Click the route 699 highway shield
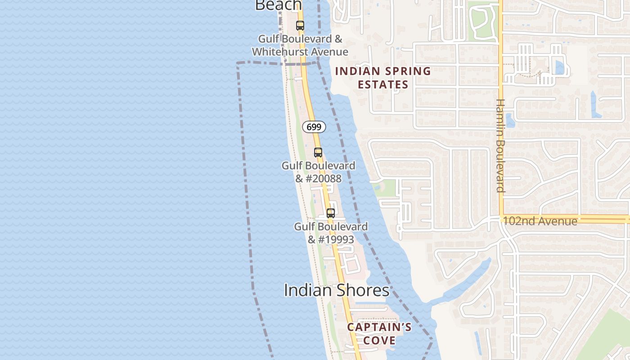(x=314, y=127)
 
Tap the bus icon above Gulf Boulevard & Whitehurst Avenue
(x=300, y=26)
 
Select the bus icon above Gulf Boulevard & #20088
(x=318, y=153)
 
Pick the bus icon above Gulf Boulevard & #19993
(x=331, y=213)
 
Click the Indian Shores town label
(x=336, y=290)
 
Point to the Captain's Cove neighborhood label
(x=379, y=333)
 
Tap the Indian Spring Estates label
(x=383, y=78)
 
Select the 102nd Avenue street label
(x=540, y=221)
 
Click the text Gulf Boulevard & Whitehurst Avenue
(x=300, y=45)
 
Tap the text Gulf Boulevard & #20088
(x=318, y=172)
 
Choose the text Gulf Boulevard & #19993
(x=331, y=233)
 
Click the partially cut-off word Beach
(x=278, y=5)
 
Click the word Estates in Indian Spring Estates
(x=383, y=85)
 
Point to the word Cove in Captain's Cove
(x=379, y=340)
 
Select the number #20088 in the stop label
(x=324, y=179)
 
